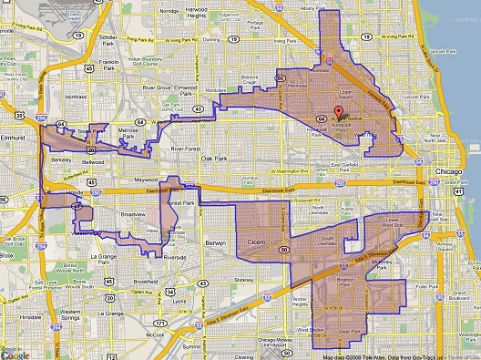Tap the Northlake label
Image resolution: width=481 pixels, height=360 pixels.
(x=77, y=95)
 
